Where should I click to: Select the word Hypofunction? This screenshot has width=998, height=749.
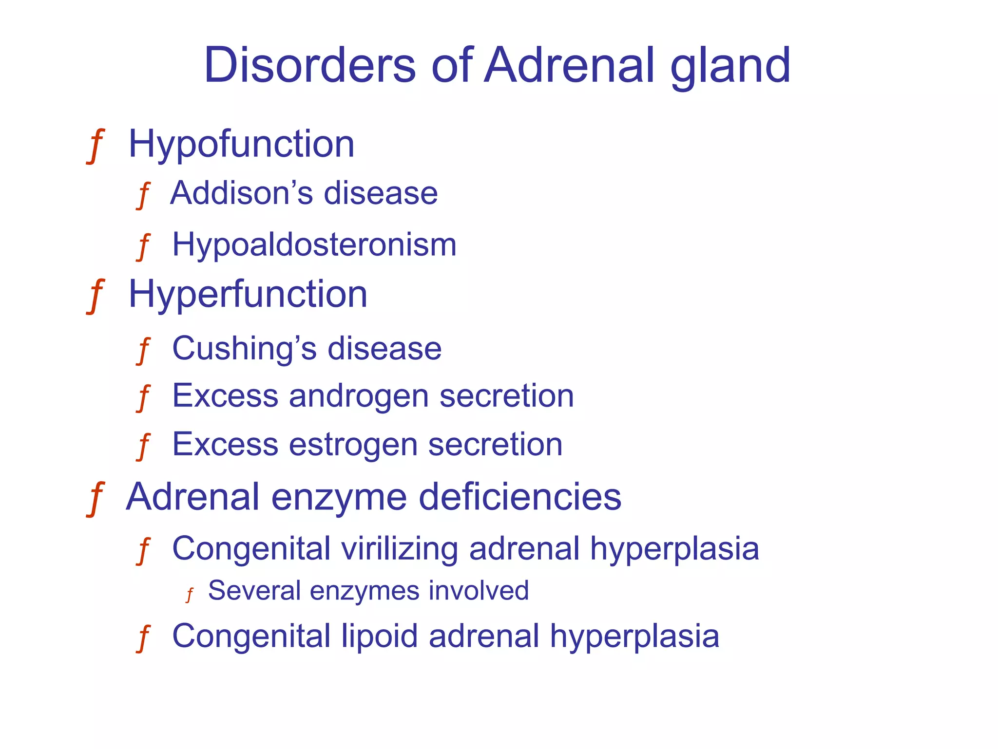coord(241,145)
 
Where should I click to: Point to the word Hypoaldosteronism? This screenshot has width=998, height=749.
coord(314,244)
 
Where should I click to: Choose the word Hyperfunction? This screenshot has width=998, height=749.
coord(248,295)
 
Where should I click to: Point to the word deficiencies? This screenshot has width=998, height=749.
coord(520,497)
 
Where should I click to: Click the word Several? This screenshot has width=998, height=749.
coord(254,591)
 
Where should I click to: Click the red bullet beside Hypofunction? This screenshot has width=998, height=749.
coord(96,146)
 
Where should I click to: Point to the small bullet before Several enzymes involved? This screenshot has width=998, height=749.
coord(190,595)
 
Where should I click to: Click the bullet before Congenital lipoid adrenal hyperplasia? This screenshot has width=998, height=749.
coord(143,638)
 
